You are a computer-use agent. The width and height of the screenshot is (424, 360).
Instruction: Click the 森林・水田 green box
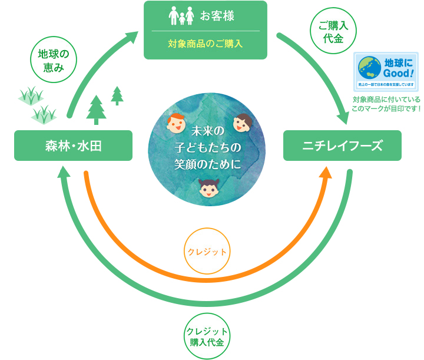pyautogui.click(x=73, y=146)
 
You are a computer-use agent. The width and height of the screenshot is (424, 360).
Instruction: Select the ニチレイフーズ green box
pyautogui.click(x=342, y=146)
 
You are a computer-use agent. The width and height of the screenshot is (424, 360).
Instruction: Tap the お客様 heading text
pyautogui.click(x=217, y=16)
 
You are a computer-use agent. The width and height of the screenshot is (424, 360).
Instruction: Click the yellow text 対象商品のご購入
pyautogui.click(x=206, y=44)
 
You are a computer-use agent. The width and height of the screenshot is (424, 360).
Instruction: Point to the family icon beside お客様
pyautogui.click(x=181, y=16)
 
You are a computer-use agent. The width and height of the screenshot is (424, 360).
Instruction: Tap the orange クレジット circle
pyautogui.click(x=207, y=252)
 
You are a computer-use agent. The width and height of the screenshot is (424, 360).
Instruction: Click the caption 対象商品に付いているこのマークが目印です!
pyautogui.click(x=386, y=104)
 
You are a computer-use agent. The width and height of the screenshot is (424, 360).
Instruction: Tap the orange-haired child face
pyautogui.click(x=175, y=124)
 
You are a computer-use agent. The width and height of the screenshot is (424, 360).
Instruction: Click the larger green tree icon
pyautogui.click(x=97, y=110)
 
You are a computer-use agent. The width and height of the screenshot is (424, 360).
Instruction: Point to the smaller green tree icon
pyautogui.click(x=117, y=95)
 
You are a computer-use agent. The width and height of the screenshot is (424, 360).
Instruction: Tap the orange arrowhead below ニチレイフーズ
pyautogui.click(x=325, y=171)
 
